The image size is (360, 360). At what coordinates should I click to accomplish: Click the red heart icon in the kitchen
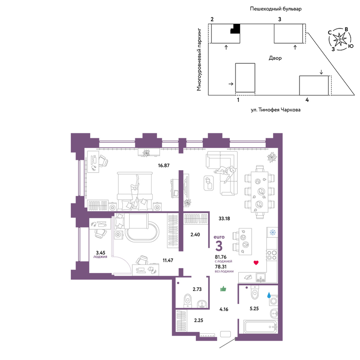pyautogui.click(x=256, y=263)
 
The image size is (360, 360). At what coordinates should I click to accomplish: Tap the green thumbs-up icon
pyautogui.click(x=223, y=289)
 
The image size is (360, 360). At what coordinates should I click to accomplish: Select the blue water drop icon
pyautogui.click(x=269, y=295)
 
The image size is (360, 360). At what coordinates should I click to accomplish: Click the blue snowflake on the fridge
pyautogui.click(x=273, y=232)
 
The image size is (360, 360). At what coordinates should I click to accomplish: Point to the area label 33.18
pyautogui.click(x=224, y=219)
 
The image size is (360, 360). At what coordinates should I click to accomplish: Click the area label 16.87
pyautogui.click(x=164, y=165)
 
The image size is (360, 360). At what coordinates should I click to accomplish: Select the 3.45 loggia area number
pyautogui.click(x=100, y=253)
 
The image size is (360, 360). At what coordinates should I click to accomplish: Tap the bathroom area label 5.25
pyautogui.click(x=254, y=309)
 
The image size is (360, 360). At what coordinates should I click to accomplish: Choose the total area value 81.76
pyautogui.click(x=221, y=257)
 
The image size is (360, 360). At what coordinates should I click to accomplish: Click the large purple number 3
pyautogui.click(x=219, y=246)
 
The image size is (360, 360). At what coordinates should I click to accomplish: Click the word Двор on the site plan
pyautogui.click(x=275, y=58)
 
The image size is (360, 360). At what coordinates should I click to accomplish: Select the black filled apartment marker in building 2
pyautogui.click(x=235, y=29)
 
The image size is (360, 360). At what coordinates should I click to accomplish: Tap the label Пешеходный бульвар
pyautogui.click(x=276, y=9)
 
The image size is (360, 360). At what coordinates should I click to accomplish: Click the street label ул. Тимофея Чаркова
pyautogui.click(x=275, y=110)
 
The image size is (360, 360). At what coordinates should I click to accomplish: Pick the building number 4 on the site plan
pyautogui.click(x=307, y=100)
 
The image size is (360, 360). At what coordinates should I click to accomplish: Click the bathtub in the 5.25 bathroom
pyautogui.click(x=261, y=327)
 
